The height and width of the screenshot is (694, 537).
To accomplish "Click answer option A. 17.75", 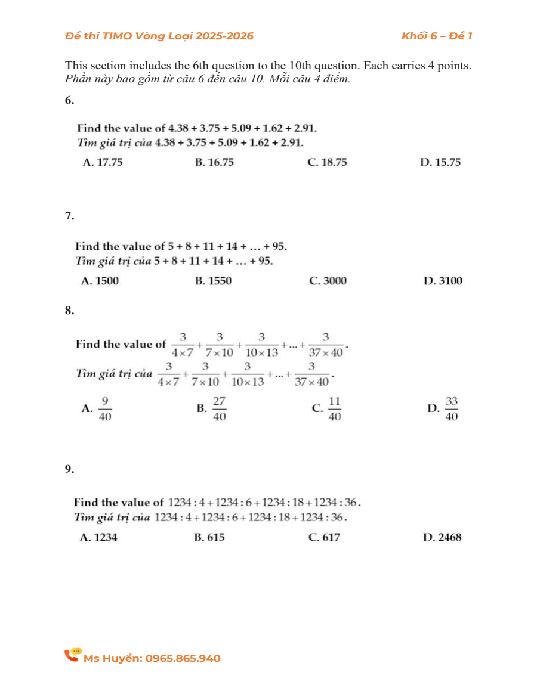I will click(x=102, y=162).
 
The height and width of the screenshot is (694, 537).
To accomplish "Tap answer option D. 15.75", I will click(x=440, y=162).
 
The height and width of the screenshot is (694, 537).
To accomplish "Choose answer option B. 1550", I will click(x=213, y=281).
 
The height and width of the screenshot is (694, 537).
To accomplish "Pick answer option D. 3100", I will click(x=442, y=281).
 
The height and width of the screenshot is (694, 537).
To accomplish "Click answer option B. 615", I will click(x=209, y=537).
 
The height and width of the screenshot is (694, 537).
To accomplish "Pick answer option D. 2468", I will click(x=442, y=537).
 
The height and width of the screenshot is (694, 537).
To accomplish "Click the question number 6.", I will click(x=70, y=100).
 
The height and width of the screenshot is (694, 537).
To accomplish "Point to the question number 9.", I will click(x=70, y=469).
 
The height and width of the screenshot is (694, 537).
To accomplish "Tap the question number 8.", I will click(x=70, y=310).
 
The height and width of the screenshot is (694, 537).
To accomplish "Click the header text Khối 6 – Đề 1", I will click(x=437, y=36).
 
